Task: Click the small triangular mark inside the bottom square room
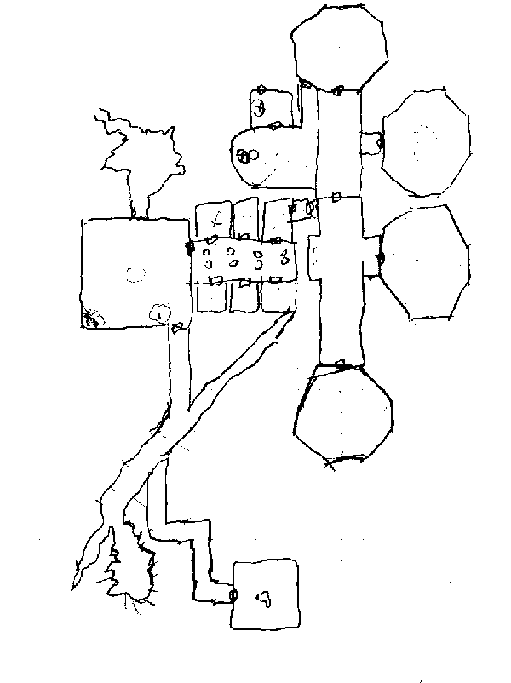click(266, 598)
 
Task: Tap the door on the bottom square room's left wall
click(233, 595)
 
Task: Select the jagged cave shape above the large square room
click(141, 158)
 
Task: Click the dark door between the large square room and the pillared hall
click(189, 249)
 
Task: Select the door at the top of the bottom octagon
click(341, 364)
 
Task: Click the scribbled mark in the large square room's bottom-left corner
click(90, 318)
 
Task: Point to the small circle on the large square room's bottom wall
click(158, 313)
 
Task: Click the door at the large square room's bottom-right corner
click(177, 327)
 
